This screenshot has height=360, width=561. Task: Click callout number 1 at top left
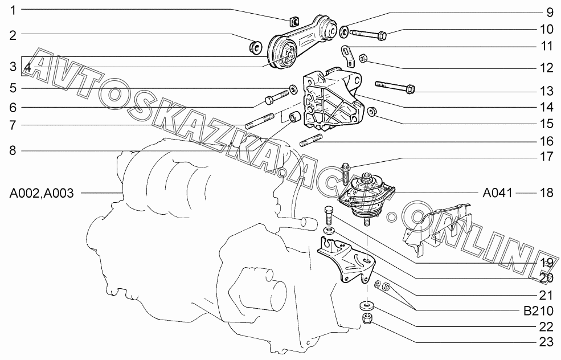click(13, 10)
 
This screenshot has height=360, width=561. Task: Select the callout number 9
click(550, 13)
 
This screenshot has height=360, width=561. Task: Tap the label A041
click(497, 193)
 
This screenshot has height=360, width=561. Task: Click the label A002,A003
click(42, 193)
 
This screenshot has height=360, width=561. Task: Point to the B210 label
click(538, 310)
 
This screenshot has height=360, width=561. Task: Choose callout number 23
click(546, 342)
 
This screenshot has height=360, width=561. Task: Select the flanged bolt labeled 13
click(395, 87)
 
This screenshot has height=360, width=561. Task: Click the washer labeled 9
click(344, 31)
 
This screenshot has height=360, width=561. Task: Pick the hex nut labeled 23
click(367, 318)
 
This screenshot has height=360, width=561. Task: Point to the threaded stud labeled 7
click(260, 121)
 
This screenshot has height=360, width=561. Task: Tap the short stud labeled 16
click(311, 140)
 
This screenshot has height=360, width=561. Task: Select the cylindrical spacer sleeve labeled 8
click(294, 116)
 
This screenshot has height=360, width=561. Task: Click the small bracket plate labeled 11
click(347, 55)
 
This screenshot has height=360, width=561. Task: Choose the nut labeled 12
click(362, 58)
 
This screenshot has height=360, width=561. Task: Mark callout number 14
click(546, 107)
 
